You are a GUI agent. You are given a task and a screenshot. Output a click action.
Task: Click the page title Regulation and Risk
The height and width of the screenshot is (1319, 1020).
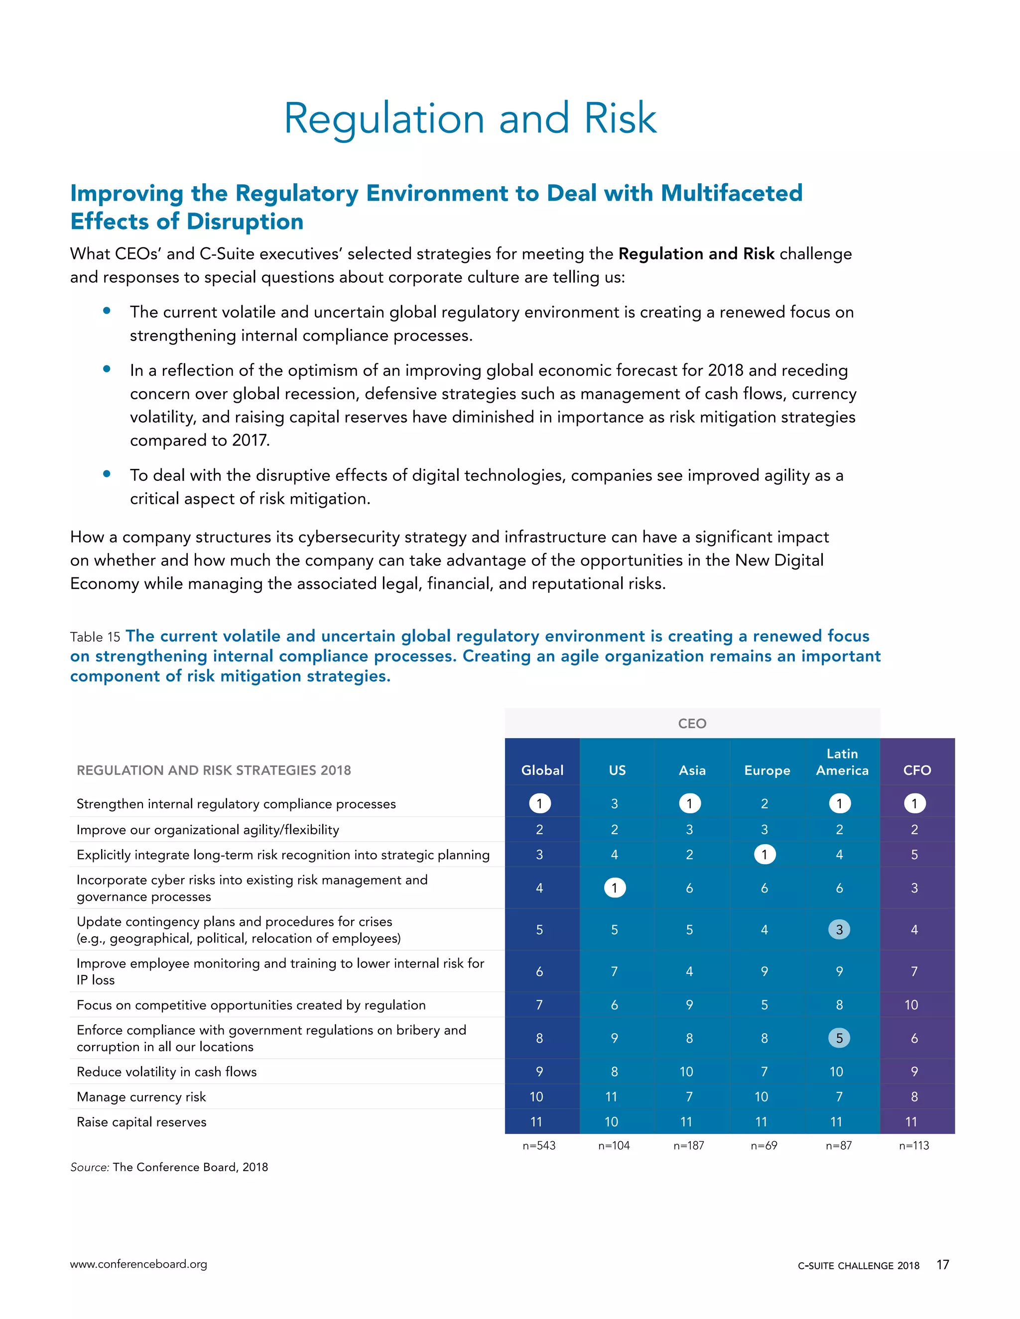tap(470, 118)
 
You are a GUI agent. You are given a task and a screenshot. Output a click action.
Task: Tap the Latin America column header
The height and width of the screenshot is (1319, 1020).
tap(842, 762)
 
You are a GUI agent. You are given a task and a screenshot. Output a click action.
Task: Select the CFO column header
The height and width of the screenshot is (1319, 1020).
tap(917, 770)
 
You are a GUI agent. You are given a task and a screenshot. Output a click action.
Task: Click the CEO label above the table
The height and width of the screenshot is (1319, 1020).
tap(692, 724)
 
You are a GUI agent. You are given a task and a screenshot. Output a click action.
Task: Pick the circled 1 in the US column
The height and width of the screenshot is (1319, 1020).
tap(615, 888)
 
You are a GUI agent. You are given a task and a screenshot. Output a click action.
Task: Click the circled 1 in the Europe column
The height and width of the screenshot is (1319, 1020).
tap(765, 855)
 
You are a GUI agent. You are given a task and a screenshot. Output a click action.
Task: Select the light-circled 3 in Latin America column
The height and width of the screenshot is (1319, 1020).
tap(839, 929)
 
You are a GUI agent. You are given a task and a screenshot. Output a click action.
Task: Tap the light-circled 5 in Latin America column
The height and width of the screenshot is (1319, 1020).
tap(839, 1038)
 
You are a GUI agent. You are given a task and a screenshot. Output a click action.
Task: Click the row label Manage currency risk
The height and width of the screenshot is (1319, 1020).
tap(141, 1097)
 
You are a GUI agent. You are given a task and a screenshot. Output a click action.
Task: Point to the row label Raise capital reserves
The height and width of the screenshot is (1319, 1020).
tap(141, 1122)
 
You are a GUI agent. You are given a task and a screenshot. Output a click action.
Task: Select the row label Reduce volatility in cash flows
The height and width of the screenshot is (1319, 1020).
tap(166, 1072)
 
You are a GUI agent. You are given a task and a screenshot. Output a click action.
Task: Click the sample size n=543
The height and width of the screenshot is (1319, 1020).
tap(539, 1146)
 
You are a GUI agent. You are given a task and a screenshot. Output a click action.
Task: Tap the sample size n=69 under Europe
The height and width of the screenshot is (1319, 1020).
tap(764, 1146)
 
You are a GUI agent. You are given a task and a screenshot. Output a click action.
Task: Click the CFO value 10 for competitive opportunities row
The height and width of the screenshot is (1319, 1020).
tap(911, 1005)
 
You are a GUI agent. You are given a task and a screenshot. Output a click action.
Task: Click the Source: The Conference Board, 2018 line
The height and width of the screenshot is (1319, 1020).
tap(169, 1167)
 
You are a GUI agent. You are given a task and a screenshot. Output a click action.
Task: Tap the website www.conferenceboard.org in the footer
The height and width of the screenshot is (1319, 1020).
tap(138, 1264)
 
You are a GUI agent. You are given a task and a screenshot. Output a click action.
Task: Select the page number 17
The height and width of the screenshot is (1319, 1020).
tap(943, 1265)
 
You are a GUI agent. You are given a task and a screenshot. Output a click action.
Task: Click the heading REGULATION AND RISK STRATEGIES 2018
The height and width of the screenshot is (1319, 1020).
tap(213, 770)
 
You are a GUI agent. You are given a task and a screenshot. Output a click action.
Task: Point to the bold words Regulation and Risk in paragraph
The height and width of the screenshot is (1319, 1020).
tap(696, 254)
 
